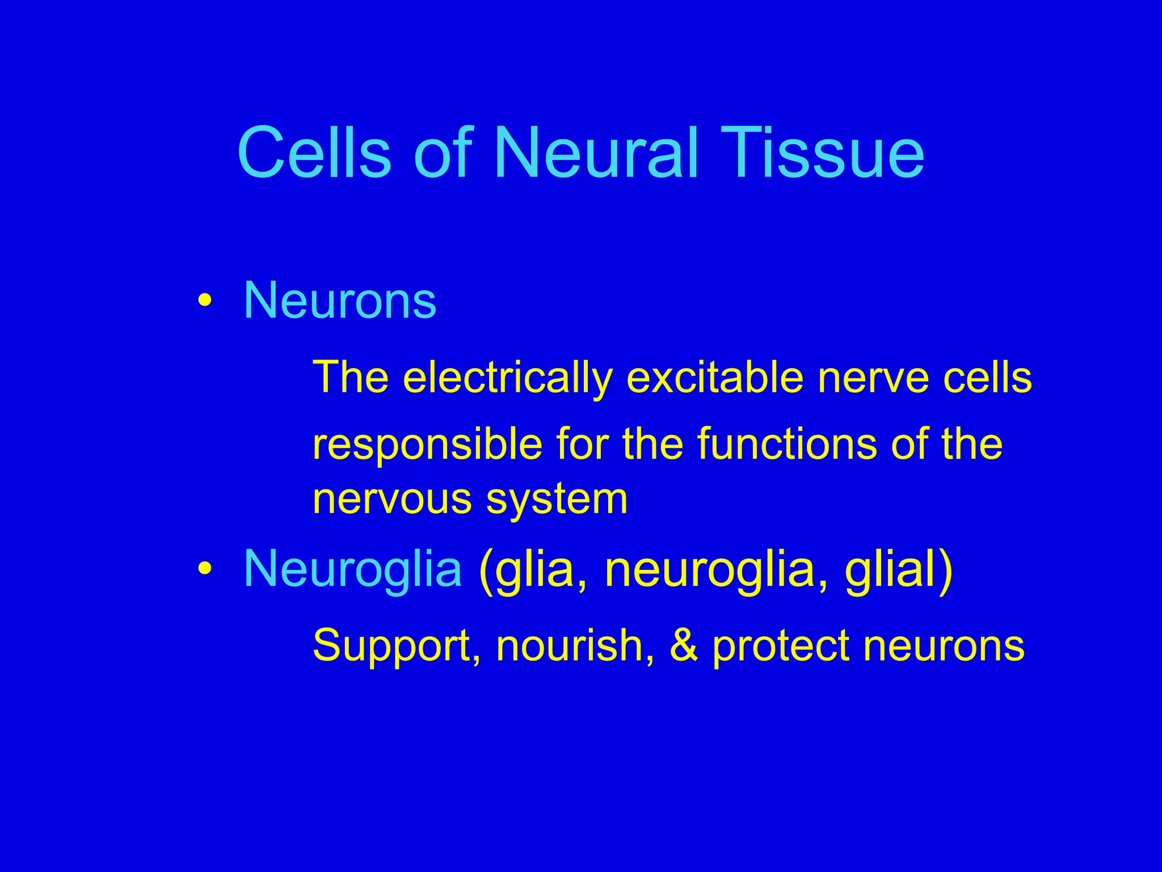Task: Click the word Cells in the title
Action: coord(314,153)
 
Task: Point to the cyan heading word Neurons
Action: coord(340,300)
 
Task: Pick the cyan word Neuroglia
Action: coord(352,569)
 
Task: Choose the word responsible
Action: coord(427,445)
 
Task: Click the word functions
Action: coord(786,444)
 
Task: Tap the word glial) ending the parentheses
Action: coord(898,569)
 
